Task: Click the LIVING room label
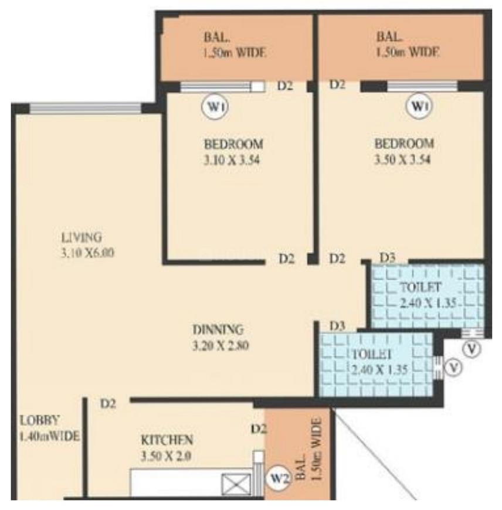click(x=82, y=237)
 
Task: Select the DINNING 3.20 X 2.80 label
click(x=221, y=338)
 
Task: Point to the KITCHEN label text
click(x=167, y=439)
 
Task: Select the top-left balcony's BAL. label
click(x=213, y=37)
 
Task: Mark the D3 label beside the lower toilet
click(x=337, y=325)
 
